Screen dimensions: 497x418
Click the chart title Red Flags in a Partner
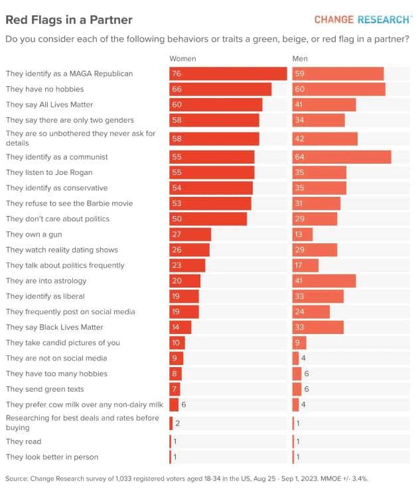click(x=69, y=20)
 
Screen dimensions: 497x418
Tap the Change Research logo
click(x=362, y=19)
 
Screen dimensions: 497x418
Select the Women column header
click(x=182, y=59)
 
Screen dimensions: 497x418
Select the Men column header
click(x=300, y=59)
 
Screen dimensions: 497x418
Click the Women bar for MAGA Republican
click(x=228, y=74)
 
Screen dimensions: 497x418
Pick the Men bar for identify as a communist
click(x=341, y=157)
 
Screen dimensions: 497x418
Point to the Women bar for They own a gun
click(x=190, y=235)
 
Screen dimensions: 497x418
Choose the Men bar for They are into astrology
click(x=324, y=281)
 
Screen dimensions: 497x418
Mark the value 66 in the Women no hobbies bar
click(x=176, y=89)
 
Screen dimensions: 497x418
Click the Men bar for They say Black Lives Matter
click(x=318, y=327)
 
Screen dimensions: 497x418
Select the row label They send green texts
click(x=45, y=389)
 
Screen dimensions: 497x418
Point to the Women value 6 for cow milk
click(x=184, y=405)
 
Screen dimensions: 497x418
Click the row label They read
click(x=23, y=441)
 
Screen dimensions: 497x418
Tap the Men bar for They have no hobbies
click(x=338, y=89)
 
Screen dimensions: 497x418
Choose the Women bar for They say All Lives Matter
click(x=216, y=105)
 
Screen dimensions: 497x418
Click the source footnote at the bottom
click(x=186, y=478)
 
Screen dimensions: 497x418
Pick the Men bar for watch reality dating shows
click(x=314, y=250)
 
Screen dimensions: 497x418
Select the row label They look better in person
click(x=52, y=457)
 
